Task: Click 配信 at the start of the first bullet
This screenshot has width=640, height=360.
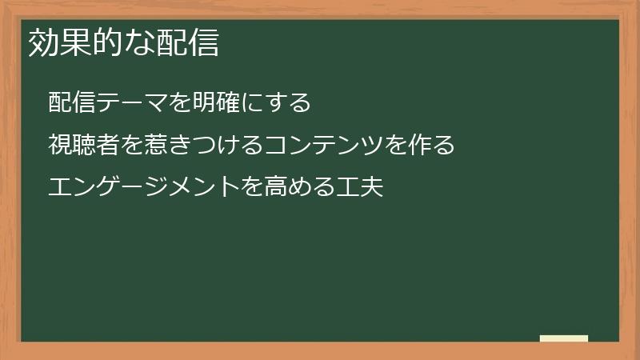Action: (69, 102)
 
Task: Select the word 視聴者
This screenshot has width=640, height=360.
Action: (80, 145)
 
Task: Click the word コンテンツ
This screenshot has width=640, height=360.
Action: (318, 145)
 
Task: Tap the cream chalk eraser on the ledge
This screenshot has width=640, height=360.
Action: (564, 338)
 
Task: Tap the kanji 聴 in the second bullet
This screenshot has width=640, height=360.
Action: (80, 145)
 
